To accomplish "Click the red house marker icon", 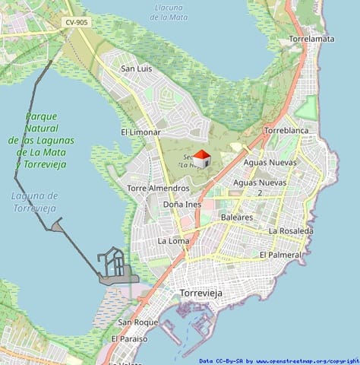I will pos(201,159).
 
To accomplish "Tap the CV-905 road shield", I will pos(77,23).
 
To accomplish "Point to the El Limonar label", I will pos(141,132).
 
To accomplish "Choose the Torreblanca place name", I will pos(286,131).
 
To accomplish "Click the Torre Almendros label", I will pos(158,188).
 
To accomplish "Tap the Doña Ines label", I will pos(182,205).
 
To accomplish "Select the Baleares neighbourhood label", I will pos(236,217).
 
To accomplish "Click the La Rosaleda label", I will pos(289,230).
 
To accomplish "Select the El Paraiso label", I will pos(129,338).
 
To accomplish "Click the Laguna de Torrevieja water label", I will pos(35,201).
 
